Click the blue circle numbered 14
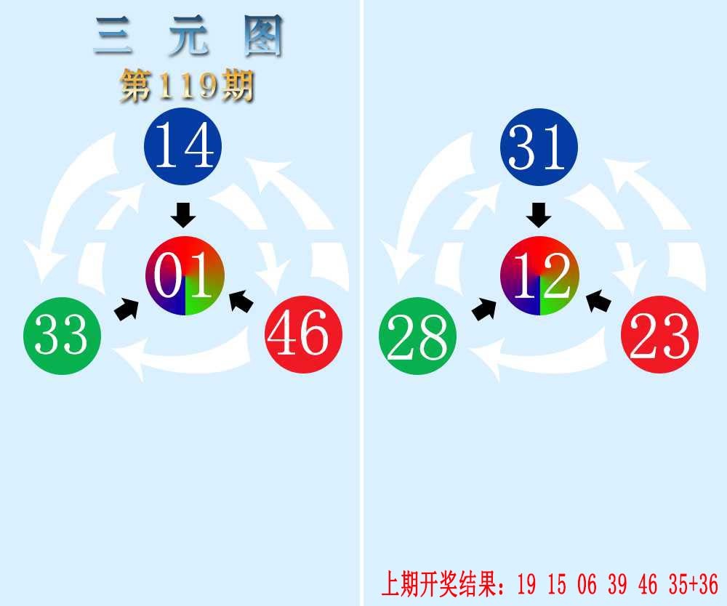(x=183, y=146)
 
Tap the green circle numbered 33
(x=62, y=336)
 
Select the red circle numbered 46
(x=304, y=334)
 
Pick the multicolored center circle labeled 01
(x=185, y=275)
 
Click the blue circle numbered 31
(x=539, y=147)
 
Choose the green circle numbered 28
(x=418, y=336)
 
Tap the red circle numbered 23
(x=660, y=334)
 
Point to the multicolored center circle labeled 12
(x=539, y=275)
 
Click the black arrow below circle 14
(x=183, y=214)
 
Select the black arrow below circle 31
(x=539, y=214)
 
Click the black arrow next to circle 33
(x=127, y=309)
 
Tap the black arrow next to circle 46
(x=241, y=301)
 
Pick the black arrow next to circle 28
(x=484, y=309)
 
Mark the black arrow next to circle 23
(x=598, y=301)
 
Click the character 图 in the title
(x=263, y=36)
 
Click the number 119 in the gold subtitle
(x=188, y=86)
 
